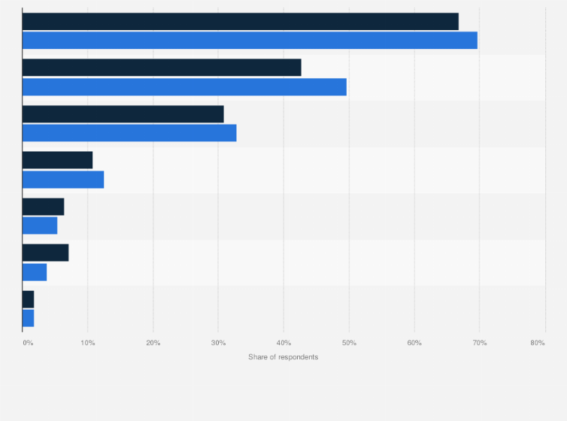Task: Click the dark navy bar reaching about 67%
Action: click(x=241, y=22)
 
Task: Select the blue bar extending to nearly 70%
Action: click(x=250, y=41)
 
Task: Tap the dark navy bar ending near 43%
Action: click(x=162, y=68)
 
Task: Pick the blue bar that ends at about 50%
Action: click(x=184, y=86)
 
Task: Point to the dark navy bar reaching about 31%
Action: click(x=123, y=114)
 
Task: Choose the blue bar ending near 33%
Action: click(x=129, y=133)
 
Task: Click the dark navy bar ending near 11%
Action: click(x=58, y=160)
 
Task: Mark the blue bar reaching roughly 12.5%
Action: click(x=63, y=180)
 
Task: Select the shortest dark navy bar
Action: click(x=29, y=299)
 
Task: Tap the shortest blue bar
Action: click(x=29, y=318)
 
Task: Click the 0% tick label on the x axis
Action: click(x=28, y=343)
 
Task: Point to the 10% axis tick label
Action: click(x=88, y=343)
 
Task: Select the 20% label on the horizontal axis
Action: click(x=153, y=343)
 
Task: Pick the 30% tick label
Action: click(x=218, y=343)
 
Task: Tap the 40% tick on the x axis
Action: click(x=283, y=343)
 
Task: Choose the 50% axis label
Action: click(x=349, y=343)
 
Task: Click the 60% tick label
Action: click(x=414, y=343)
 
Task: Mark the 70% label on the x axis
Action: click(x=479, y=343)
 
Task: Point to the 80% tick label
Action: click(x=537, y=343)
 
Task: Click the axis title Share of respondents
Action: click(x=283, y=356)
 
